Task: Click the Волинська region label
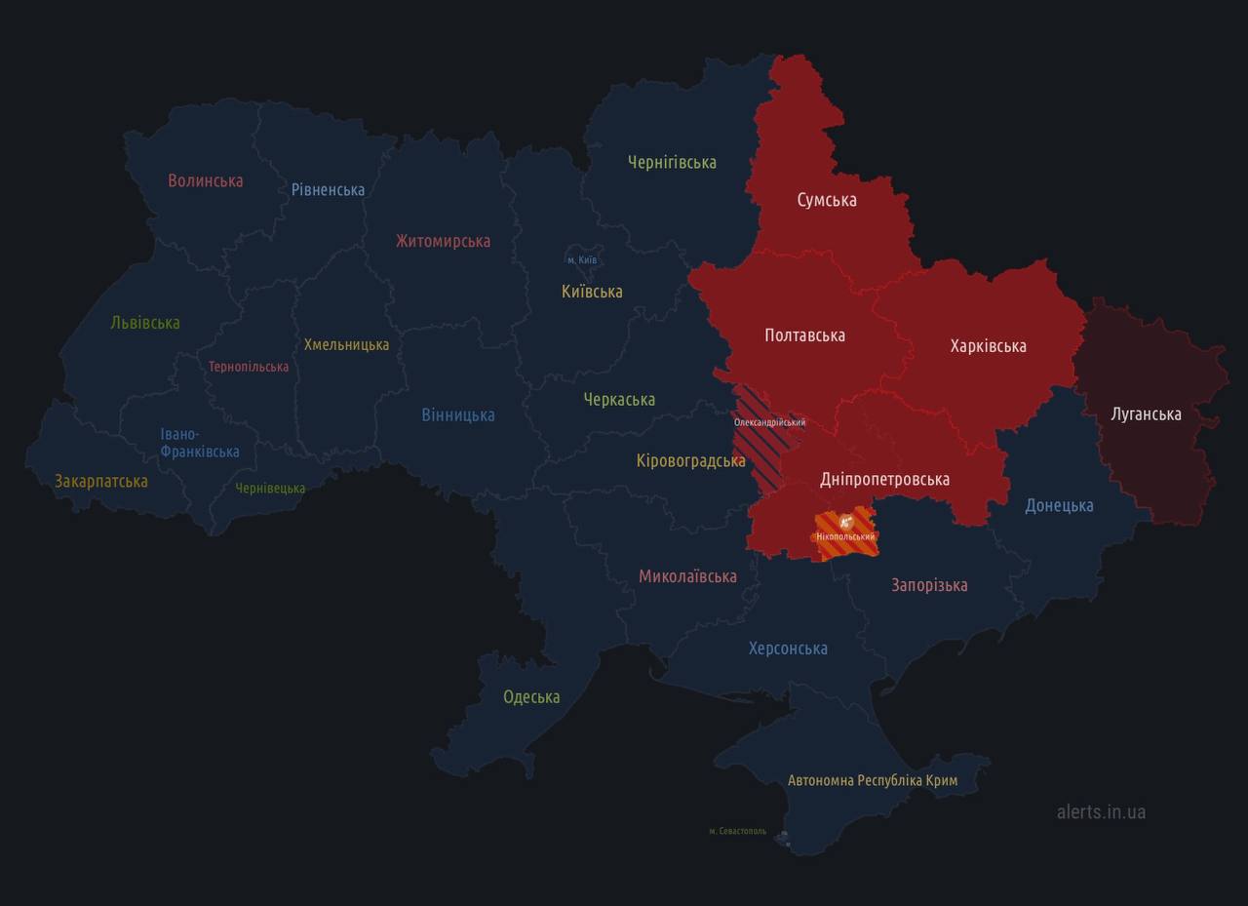click(205, 180)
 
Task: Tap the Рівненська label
click(328, 189)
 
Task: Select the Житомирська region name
click(443, 241)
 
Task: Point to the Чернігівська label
click(672, 162)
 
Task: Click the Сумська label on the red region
click(827, 200)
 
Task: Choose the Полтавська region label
click(804, 335)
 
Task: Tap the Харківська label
click(988, 346)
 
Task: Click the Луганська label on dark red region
click(1146, 414)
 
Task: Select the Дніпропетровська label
click(884, 479)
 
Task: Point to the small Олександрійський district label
click(769, 422)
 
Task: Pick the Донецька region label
click(1059, 505)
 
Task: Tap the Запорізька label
click(929, 585)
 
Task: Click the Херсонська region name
click(788, 649)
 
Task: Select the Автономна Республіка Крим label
click(872, 781)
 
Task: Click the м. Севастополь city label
click(737, 832)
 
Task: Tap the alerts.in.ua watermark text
click(1101, 811)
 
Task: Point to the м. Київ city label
click(581, 260)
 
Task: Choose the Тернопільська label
click(249, 367)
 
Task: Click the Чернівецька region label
click(270, 489)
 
